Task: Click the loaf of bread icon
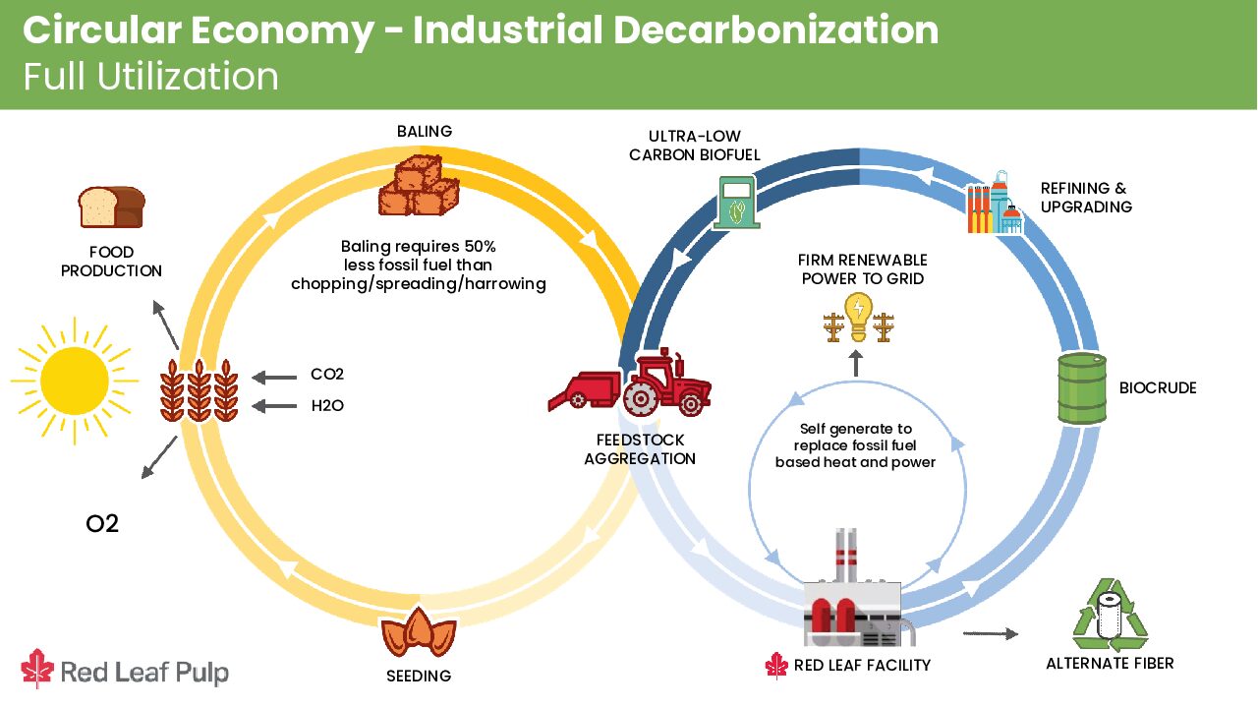[112, 206]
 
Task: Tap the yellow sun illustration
[75, 381]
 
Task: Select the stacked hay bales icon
[419, 186]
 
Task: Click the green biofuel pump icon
[736, 203]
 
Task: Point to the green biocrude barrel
[1082, 387]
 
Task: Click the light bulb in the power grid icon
[858, 317]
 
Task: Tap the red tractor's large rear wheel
[640, 397]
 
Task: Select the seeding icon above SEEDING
[419, 632]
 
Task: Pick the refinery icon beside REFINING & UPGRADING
[995, 203]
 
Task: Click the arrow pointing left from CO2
[274, 377]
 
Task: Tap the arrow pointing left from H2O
[274, 406]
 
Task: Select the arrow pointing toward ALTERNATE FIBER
[991, 634]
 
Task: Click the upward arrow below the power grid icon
[856, 364]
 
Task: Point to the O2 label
[102, 524]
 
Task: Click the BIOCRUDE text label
[1158, 387]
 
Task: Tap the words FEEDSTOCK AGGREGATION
[640, 449]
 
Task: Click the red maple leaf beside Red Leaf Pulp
[37, 669]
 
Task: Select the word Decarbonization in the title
[776, 29]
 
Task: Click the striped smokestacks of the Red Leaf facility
[846, 556]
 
